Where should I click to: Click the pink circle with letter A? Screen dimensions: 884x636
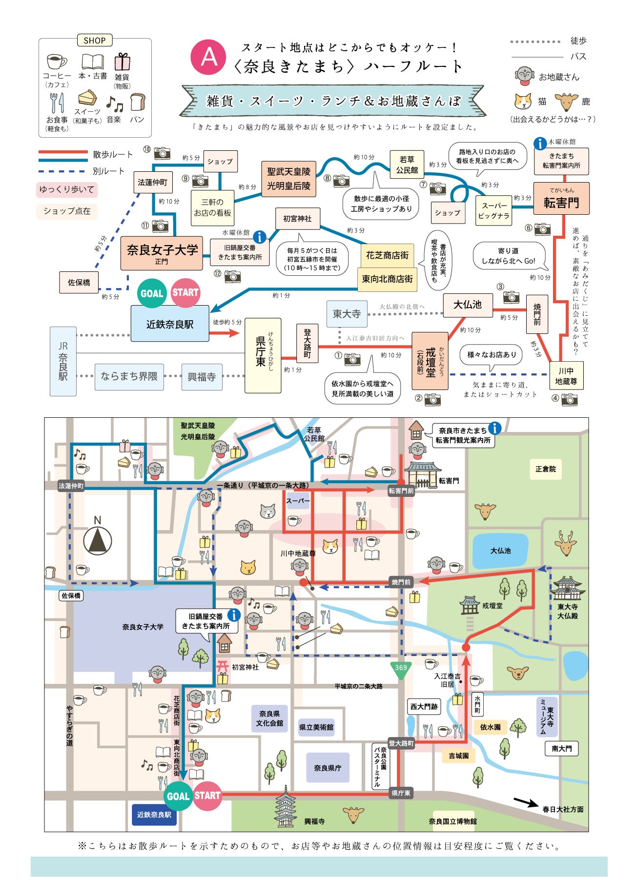pyautogui.click(x=209, y=57)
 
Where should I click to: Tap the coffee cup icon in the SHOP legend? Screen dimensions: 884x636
pyautogui.click(x=57, y=62)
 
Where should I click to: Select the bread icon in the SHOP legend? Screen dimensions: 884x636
pyautogui.click(x=138, y=102)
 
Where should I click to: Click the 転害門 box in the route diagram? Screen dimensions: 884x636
pyautogui.click(x=561, y=198)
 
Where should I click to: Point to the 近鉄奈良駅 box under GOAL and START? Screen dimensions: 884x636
pyautogui.click(x=170, y=324)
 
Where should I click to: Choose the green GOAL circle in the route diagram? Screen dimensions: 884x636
pyautogui.click(x=152, y=293)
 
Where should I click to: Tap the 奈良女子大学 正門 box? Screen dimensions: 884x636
pyautogui.click(x=162, y=252)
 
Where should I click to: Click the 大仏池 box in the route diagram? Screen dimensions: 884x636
pyautogui.click(x=467, y=305)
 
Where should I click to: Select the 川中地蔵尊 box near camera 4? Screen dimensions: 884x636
pyautogui.click(x=566, y=376)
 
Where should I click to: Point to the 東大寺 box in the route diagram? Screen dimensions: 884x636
pyautogui.click(x=347, y=314)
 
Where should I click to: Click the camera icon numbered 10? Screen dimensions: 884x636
pyautogui.click(x=162, y=153)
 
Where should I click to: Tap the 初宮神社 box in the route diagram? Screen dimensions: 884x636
pyautogui.click(x=297, y=219)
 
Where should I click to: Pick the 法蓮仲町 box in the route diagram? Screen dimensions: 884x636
pyautogui.click(x=153, y=182)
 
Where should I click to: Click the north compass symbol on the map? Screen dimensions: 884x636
pyautogui.click(x=98, y=540)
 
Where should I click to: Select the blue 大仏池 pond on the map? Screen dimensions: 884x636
pyautogui.click(x=501, y=551)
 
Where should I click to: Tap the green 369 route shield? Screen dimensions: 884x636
pyautogui.click(x=401, y=670)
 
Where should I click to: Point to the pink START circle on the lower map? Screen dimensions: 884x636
pyautogui.click(x=207, y=795)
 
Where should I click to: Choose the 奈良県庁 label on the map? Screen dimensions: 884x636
pyautogui.click(x=328, y=768)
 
